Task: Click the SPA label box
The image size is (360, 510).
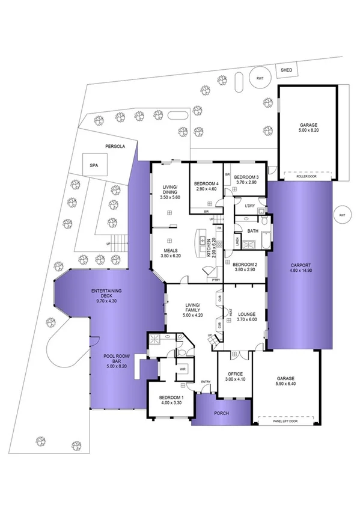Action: pos(94,164)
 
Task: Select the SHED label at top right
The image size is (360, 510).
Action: pos(287,70)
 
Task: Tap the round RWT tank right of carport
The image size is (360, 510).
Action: pos(342,215)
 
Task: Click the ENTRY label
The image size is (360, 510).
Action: pos(206,381)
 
